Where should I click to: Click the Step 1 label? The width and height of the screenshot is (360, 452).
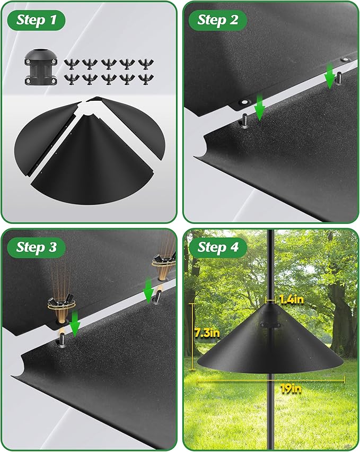click(x=37, y=20)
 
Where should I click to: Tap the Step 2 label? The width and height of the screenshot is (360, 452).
click(x=218, y=20)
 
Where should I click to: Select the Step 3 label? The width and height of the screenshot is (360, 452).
click(x=37, y=247)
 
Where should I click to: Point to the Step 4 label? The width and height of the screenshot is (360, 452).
click(x=218, y=247)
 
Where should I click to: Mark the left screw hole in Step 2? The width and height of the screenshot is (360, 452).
click(x=244, y=101)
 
